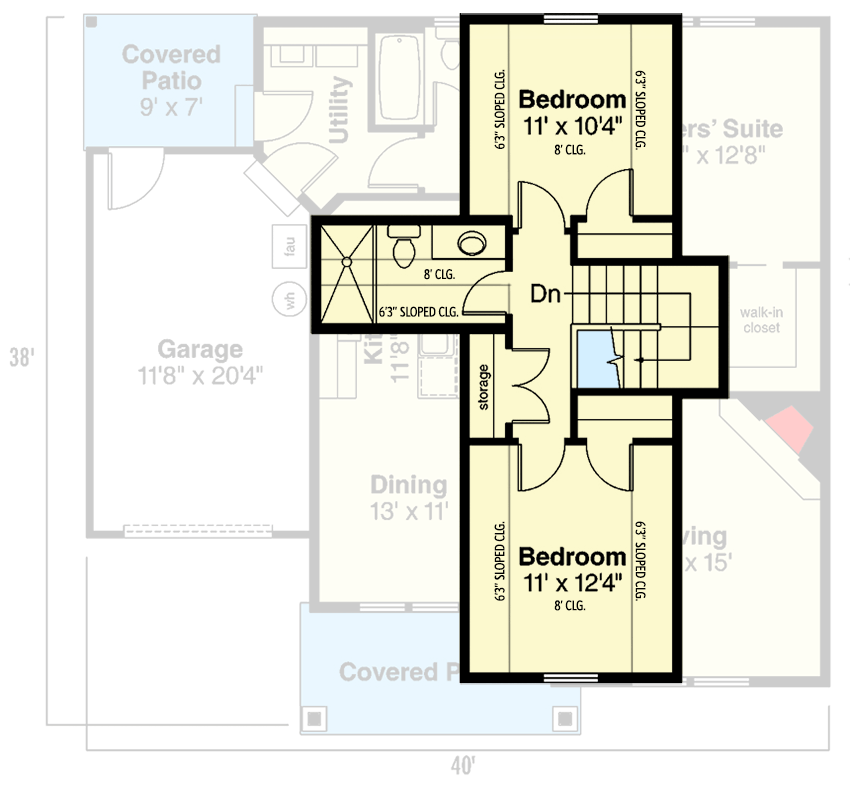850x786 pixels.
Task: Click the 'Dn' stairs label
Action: point(545,295)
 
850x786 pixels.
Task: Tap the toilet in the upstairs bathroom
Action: point(404,246)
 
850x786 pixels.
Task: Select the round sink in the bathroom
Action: point(470,243)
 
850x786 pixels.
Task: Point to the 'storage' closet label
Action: point(484,385)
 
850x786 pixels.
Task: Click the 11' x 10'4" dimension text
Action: point(573,126)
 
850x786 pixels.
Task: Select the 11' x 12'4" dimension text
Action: point(573,582)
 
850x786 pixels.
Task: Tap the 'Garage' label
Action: point(200,349)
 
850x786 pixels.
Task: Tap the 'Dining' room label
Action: point(408,485)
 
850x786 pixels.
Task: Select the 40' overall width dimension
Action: point(461,766)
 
